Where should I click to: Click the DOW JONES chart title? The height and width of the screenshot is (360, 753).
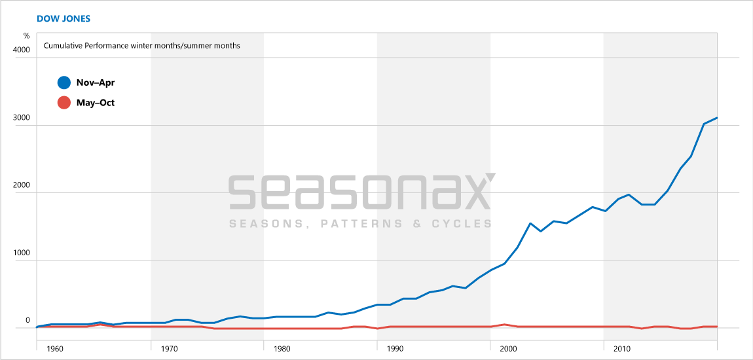[64, 18]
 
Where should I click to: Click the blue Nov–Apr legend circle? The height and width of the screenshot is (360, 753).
[64, 82]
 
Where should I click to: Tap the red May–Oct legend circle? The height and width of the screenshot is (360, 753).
[64, 103]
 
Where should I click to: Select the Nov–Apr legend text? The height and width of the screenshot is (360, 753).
[96, 82]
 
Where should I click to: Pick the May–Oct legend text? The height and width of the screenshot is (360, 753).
[96, 103]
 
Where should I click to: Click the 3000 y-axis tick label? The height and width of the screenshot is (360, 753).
[22, 117]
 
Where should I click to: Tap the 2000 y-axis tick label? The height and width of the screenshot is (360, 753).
[22, 185]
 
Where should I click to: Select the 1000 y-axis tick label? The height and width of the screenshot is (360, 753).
[22, 253]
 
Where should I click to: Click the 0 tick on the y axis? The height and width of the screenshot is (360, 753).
[28, 320]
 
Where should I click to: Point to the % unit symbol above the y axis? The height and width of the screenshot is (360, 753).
[27, 35]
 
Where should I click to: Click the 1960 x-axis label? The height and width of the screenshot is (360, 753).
[55, 349]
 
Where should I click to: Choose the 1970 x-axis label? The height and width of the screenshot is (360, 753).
[168, 349]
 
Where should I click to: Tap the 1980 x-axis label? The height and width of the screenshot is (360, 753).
[282, 349]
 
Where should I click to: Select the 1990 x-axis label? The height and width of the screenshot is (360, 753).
[395, 349]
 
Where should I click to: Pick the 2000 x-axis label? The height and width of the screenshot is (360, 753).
[508, 349]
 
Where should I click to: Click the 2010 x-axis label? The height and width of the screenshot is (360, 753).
[621, 349]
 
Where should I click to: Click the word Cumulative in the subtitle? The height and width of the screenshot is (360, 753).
[65, 46]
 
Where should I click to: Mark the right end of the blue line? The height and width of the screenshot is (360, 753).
[718, 118]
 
